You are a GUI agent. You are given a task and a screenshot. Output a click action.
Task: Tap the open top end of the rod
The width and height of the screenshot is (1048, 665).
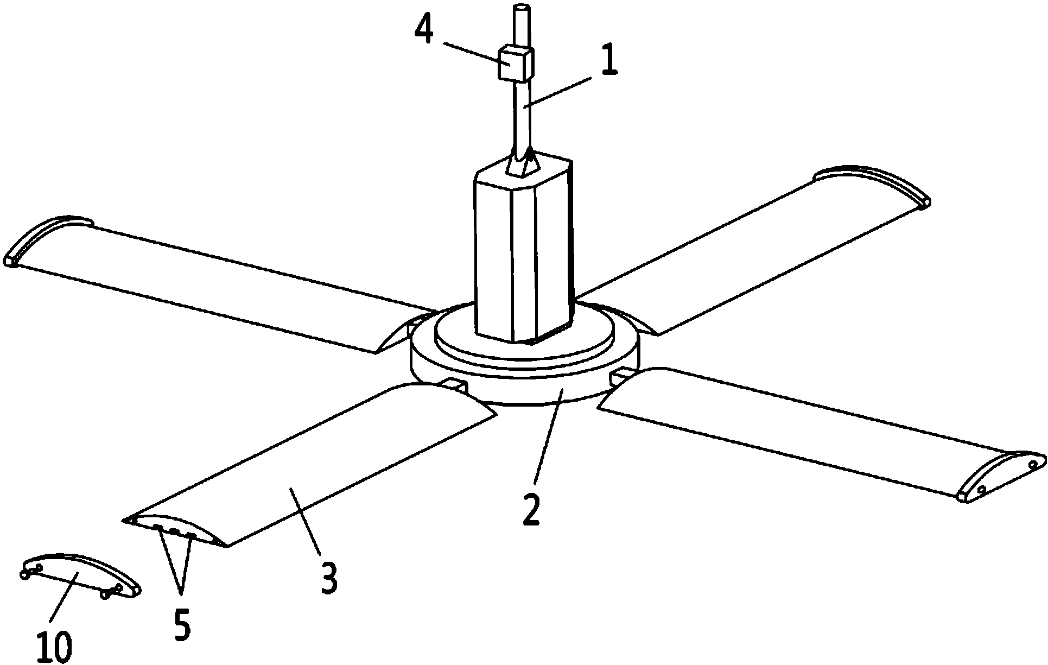pyautogui.click(x=522, y=8)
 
